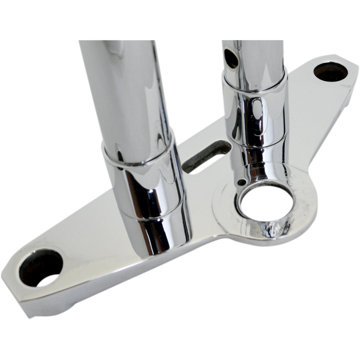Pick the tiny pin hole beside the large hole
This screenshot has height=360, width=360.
tap(243, 182)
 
